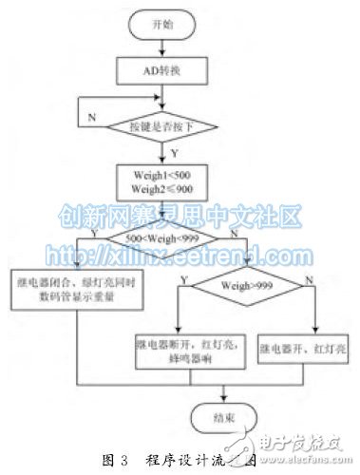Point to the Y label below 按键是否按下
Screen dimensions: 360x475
(174, 152)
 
